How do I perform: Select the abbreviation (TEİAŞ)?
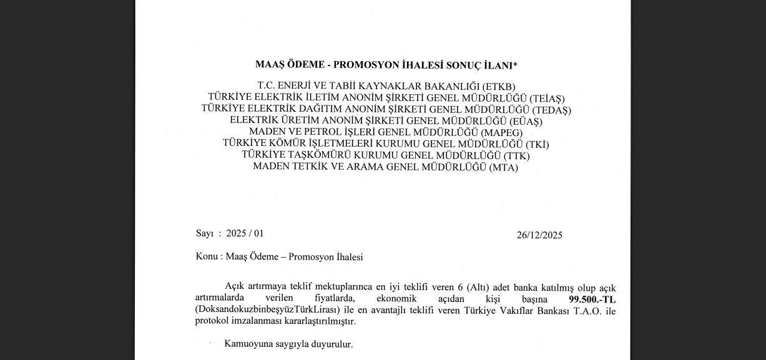[547, 98]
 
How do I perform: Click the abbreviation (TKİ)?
[537, 144]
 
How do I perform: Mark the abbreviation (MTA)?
[504, 167]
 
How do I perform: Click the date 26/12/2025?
[539, 235]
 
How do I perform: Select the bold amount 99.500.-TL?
[587, 299]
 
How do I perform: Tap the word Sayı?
[205, 233]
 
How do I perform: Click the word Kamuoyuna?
[249, 344]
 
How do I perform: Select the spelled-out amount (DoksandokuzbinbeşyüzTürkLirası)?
[267, 310]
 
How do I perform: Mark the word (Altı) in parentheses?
[478, 288]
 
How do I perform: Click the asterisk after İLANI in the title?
[515, 63]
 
